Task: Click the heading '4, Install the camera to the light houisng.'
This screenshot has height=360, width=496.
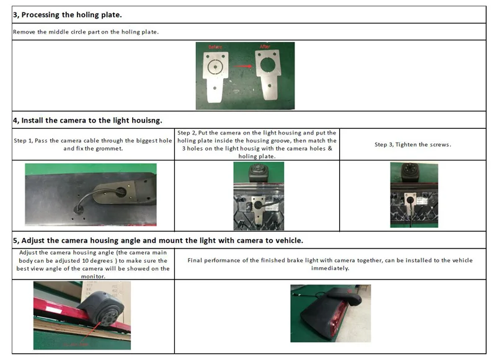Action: click(87, 120)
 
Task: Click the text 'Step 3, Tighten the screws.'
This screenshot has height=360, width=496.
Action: click(412, 145)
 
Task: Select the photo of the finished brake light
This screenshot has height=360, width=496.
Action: click(330, 314)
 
